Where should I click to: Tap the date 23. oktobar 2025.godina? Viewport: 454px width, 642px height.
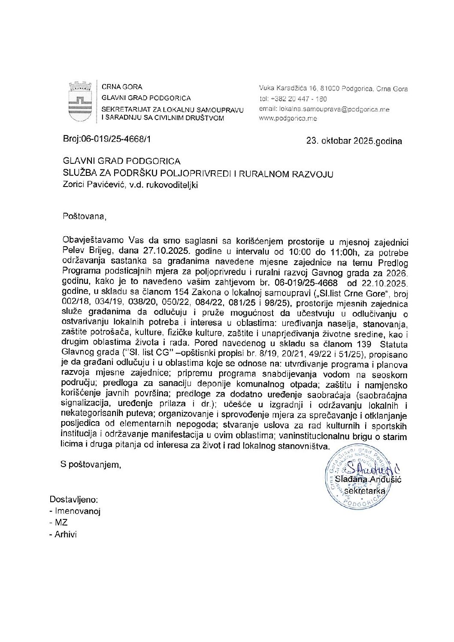click(354, 141)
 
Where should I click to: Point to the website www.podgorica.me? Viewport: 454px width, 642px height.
click(288, 118)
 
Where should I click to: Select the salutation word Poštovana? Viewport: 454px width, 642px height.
click(84, 216)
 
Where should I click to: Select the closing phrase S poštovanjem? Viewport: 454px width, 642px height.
click(91, 464)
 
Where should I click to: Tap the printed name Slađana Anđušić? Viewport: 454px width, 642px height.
click(368, 479)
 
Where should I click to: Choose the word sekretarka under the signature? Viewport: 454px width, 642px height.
click(364, 491)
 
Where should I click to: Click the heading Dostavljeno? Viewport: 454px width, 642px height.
click(73, 499)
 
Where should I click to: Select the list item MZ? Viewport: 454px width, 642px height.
click(61, 522)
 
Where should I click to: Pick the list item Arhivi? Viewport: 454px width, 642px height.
click(65, 534)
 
